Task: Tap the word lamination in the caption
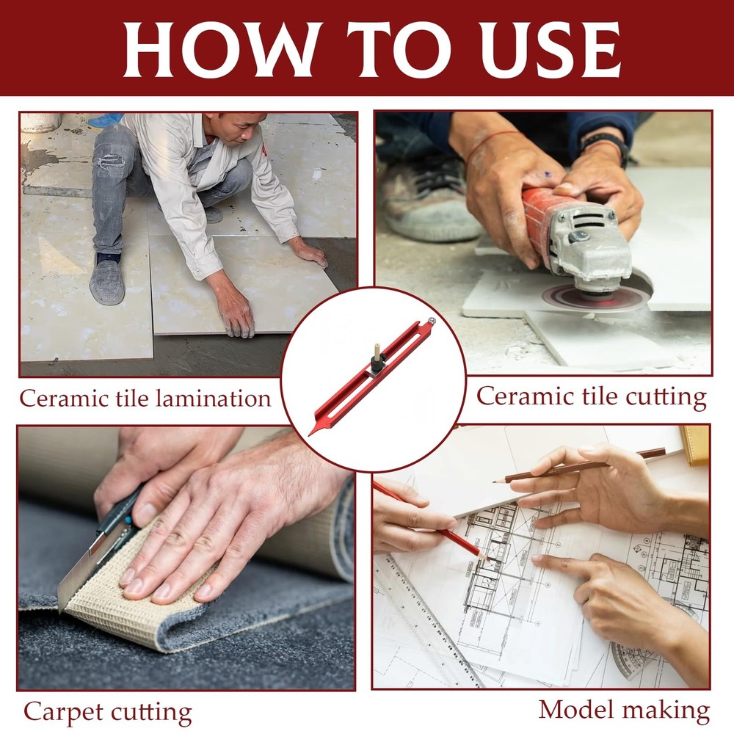(214, 399)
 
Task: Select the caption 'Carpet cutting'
(108, 713)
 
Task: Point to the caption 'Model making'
(624, 711)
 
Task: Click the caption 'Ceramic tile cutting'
(591, 397)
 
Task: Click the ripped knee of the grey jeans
(111, 161)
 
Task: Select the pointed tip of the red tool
(310, 435)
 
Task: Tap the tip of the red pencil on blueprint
(487, 559)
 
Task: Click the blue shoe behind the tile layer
(105, 121)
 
